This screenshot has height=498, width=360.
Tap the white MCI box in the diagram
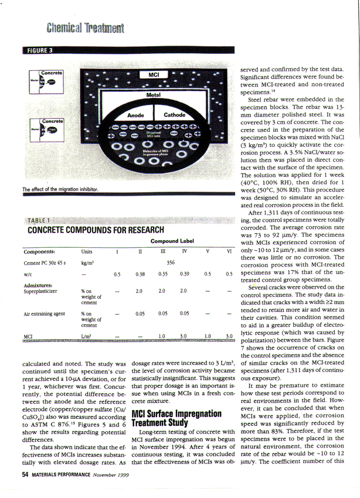[154, 76]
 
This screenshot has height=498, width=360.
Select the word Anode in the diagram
[135, 115]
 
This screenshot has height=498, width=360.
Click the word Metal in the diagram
[154, 94]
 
